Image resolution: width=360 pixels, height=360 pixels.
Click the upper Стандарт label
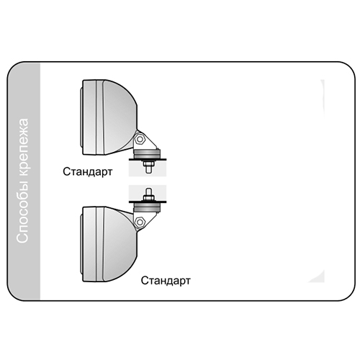pyautogui.click(x=88, y=172)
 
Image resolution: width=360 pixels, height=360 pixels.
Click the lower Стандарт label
pyautogui.click(x=166, y=281)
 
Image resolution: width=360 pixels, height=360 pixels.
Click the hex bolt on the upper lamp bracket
pyautogui.click(x=140, y=139)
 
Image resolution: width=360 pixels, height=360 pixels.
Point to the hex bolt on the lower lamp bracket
pyautogui.click(x=140, y=222)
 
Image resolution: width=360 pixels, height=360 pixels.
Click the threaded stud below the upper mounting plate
pyautogui.click(x=148, y=167)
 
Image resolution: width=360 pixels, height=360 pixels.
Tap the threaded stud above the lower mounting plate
pyautogui.click(x=148, y=194)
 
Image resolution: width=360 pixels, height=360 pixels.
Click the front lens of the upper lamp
pyautogui.click(x=81, y=117)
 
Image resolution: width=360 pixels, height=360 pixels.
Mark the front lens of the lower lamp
pyautogui.click(x=81, y=244)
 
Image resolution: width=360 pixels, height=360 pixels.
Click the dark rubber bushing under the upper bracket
pyautogui.click(x=147, y=154)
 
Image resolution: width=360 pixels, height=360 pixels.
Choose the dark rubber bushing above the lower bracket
pyautogui.click(x=147, y=207)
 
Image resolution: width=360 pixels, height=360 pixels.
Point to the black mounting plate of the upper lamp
pyautogui.click(x=148, y=159)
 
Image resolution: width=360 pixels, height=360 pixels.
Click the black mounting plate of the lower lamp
pyautogui.click(x=148, y=202)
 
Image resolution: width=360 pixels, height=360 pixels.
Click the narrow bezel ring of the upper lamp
pyautogui.click(x=100, y=117)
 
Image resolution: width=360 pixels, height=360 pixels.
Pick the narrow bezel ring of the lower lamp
pyautogui.click(x=100, y=244)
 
